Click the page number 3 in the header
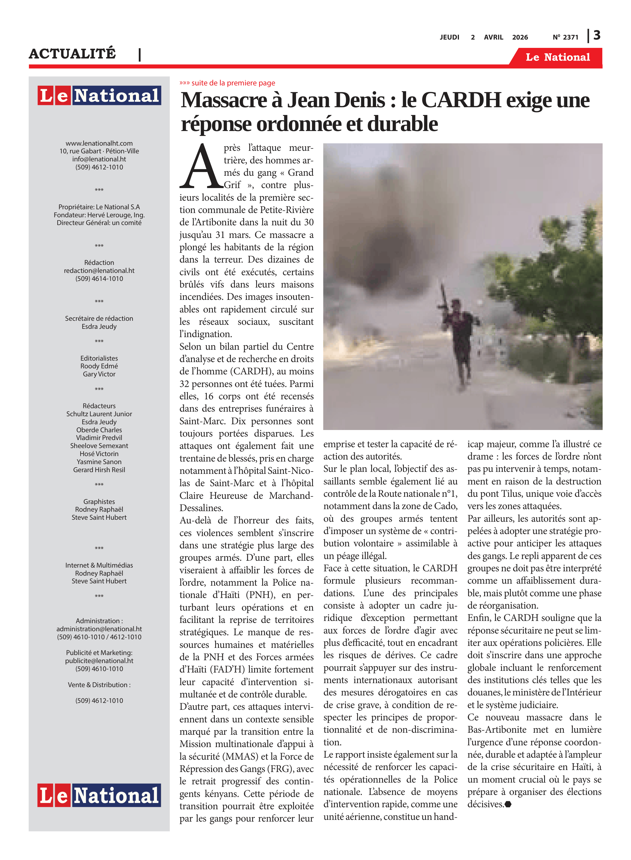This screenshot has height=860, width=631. [597, 36]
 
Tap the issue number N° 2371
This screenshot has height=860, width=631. [565, 37]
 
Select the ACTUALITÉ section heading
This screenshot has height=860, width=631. [72, 53]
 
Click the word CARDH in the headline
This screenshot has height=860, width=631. [461, 100]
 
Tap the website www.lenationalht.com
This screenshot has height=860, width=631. [99, 143]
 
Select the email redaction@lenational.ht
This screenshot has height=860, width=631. [99, 270]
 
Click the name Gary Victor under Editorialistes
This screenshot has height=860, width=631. [99, 374]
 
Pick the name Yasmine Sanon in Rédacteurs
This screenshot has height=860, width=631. [99, 462]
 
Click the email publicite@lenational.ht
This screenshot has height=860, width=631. [99, 660]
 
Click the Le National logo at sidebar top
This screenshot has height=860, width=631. [99, 95]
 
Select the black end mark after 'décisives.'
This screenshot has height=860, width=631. [508, 804]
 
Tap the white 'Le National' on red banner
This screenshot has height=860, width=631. [558, 57]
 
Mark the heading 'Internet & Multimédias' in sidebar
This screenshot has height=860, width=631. [99, 565]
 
